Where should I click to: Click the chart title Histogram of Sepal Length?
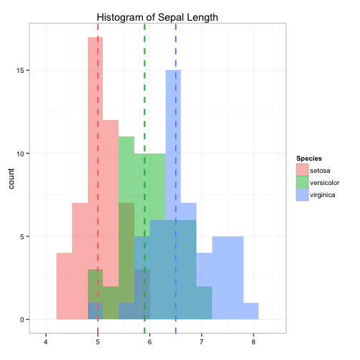[157, 17]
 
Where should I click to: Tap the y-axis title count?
[11, 179]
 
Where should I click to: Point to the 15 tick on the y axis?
[20, 71]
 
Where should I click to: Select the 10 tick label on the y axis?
[20, 154]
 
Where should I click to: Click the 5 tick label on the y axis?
[22, 237]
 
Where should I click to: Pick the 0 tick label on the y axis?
[22, 320]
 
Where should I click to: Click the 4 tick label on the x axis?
[46, 342]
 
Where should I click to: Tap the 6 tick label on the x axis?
[149, 342]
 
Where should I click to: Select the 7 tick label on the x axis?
[201, 342]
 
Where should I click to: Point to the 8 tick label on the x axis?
[254, 342]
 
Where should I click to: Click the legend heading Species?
[309, 159]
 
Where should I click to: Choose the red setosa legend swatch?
[302, 170]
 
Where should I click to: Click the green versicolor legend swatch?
[302, 182]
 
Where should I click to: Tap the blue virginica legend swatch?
[302, 195]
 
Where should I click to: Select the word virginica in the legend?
[322, 195]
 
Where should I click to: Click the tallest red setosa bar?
[95, 178]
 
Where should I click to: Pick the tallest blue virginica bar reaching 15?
[173, 195]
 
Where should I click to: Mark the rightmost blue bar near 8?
[251, 311]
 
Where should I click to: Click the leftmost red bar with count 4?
[64, 286]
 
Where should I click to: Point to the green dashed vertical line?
[144, 179]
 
